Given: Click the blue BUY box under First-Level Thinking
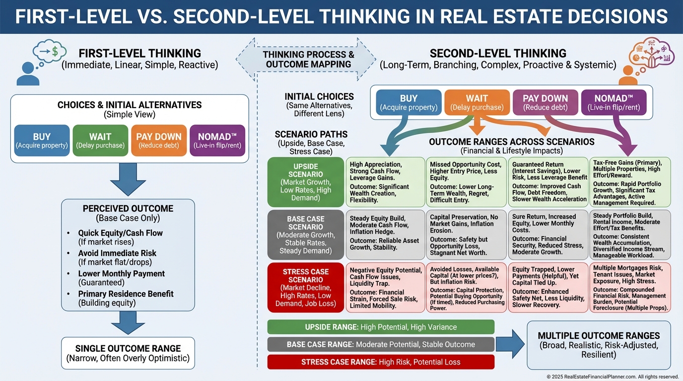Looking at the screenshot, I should coord(42,140).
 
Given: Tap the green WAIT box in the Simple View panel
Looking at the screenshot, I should coord(100,140).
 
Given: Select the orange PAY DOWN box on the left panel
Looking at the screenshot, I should coord(158,140).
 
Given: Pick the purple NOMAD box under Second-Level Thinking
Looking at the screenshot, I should coord(614,103).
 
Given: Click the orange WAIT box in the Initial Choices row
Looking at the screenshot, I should coord(477,103).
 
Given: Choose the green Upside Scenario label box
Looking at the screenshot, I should coord(305,182).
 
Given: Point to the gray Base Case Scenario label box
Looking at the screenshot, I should coord(305,235).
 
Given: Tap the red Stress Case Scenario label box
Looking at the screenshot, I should coord(305,288).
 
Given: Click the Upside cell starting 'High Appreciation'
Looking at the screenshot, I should coord(385,182).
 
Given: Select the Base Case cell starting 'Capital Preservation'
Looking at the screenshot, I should coord(466,235).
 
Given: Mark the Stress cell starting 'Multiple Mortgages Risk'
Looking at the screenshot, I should coord(630,288).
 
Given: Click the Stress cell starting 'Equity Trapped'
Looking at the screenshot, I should coord(547,288).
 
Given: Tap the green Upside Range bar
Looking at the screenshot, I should coord(381,327).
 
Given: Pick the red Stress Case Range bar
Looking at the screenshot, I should coord(381,362).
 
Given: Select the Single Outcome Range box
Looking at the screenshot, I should coord(128,353).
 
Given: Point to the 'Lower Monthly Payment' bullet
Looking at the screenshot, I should coord(121,278).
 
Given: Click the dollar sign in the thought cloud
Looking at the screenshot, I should coord(56,51).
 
